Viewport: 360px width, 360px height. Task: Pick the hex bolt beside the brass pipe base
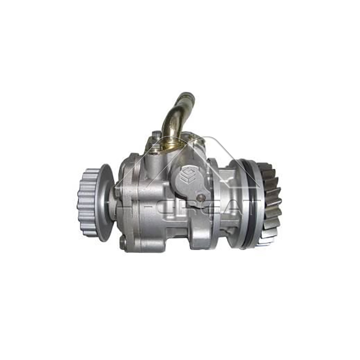[155, 135]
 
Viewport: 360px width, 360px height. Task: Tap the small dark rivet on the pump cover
[204, 198]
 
